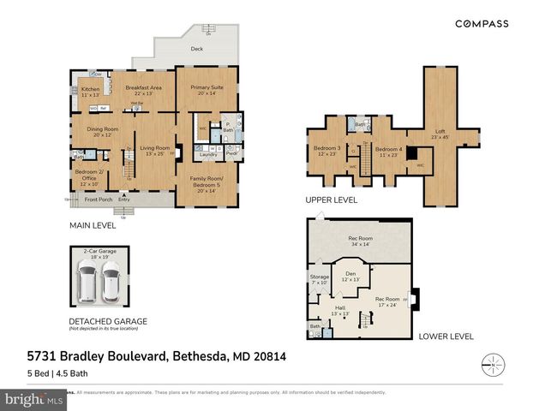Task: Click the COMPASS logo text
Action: pyautogui.click(x=482, y=24)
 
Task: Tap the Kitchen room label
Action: pyautogui.click(x=91, y=91)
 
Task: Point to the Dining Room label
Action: pyautogui.click(x=102, y=132)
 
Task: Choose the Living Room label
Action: pyautogui.click(x=155, y=150)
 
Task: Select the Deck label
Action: pyautogui.click(x=196, y=49)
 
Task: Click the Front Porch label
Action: pyautogui.click(x=99, y=200)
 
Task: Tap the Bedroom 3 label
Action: pyautogui.click(x=326, y=151)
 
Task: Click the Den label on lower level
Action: pyautogui.click(x=349, y=276)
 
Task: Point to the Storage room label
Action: pyautogui.click(x=319, y=279)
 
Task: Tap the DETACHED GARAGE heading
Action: pyautogui.click(x=108, y=321)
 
